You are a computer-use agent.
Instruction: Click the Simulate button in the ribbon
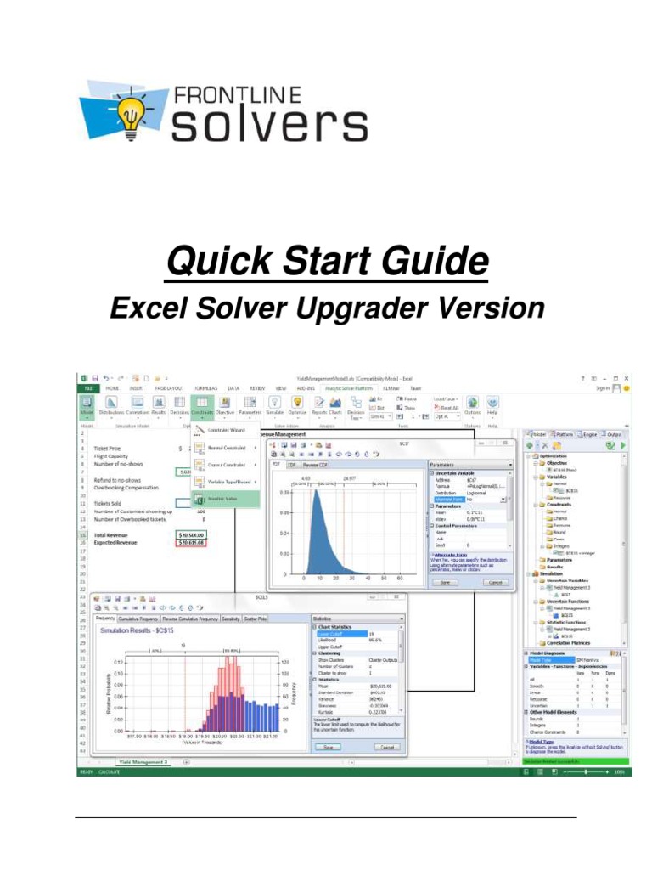(274, 405)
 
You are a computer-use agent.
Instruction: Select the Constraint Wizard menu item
(227, 430)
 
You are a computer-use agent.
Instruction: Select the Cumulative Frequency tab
(138, 619)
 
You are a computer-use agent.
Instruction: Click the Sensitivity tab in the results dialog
(230, 619)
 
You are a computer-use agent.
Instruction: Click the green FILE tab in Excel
(87, 387)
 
